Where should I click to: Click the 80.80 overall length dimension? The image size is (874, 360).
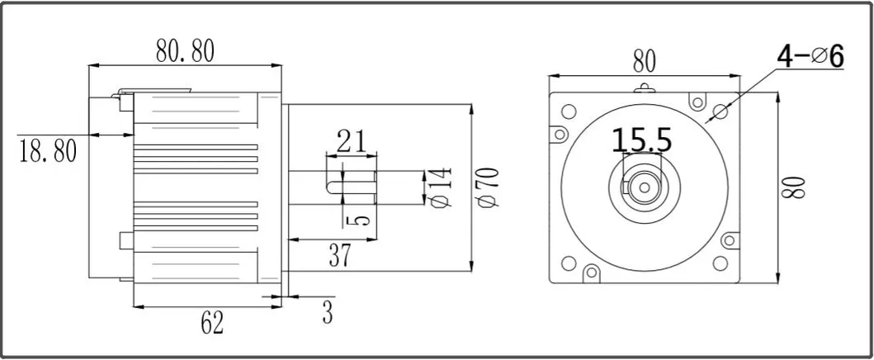(x=185, y=51)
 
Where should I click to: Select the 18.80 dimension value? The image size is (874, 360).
(x=47, y=151)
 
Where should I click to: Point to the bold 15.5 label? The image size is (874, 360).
(x=642, y=140)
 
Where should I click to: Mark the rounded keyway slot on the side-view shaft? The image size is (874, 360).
(x=337, y=182)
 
